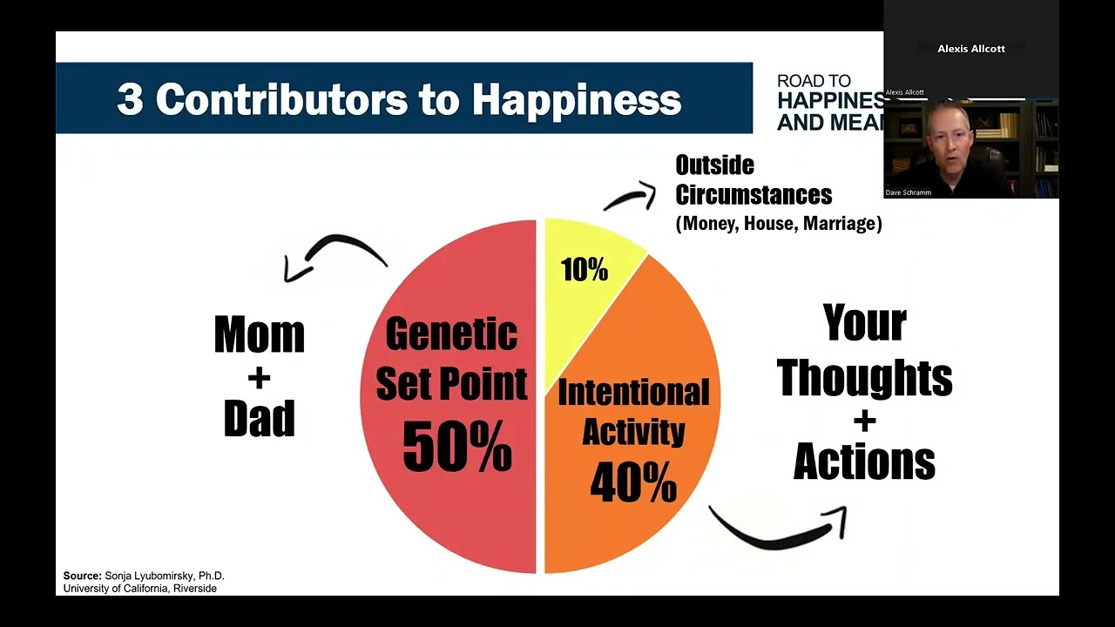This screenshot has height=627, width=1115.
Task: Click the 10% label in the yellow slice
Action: pos(585,270)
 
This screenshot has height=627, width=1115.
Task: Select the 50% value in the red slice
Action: pos(456,447)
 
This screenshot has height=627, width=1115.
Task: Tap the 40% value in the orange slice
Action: pos(633,482)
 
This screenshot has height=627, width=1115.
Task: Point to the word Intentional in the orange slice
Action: pos(633,393)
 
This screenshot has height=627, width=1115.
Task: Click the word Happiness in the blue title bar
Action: pos(576,100)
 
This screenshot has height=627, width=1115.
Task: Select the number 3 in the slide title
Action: pos(129,100)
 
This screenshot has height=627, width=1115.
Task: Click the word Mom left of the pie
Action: pos(260,334)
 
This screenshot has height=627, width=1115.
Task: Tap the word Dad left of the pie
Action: pos(260,419)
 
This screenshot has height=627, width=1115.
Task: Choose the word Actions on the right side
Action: pos(864,462)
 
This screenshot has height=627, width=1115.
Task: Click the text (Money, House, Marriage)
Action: pos(779,224)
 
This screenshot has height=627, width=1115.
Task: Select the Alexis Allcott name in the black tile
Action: pos(970,49)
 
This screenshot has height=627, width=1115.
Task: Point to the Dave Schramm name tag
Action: pos(909,192)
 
